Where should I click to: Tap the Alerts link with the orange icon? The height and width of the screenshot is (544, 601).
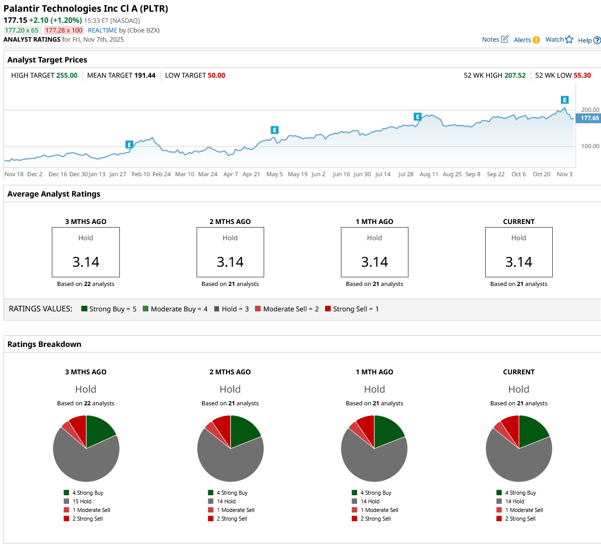[526, 40]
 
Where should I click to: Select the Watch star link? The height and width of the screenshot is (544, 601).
[559, 40]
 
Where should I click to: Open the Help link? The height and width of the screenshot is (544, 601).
[589, 41]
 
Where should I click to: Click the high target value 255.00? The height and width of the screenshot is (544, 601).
[67, 76]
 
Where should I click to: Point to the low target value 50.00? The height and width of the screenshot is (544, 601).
[216, 76]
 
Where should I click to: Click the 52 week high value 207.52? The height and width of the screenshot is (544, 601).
[515, 76]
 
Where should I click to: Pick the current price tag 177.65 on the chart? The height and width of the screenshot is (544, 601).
[590, 118]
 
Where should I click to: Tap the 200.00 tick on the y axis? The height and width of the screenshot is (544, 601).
[590, 110]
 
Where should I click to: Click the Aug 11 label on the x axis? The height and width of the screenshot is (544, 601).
[429, 174]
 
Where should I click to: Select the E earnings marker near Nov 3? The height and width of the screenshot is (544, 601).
[564, 100]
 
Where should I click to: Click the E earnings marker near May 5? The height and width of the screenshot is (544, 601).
[274, 130]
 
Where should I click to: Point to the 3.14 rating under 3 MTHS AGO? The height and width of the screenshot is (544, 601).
[86, 262]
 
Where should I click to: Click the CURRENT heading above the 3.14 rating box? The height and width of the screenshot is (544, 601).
[519, 222]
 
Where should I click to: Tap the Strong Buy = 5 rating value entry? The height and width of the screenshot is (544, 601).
[109, 309]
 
